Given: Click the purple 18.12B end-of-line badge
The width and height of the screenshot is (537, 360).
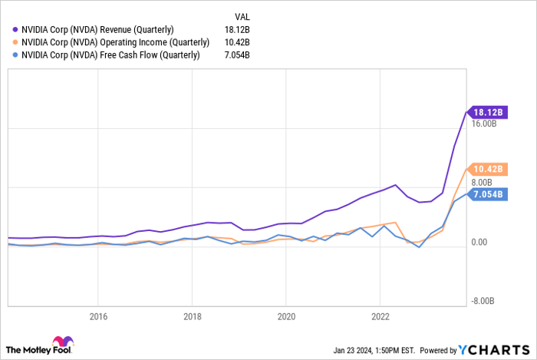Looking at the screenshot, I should point(486,111).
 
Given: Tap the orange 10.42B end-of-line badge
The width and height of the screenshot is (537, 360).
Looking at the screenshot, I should point(486,168).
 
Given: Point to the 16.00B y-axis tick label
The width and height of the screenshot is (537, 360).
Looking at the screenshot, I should point(485,123).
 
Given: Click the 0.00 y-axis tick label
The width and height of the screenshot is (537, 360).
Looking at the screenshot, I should point(479,243).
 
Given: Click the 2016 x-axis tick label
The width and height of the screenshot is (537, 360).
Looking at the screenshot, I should point(98,315).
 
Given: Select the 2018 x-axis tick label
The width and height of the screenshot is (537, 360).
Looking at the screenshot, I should point(193,315).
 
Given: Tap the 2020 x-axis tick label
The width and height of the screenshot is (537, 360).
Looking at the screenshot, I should point(286,315).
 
